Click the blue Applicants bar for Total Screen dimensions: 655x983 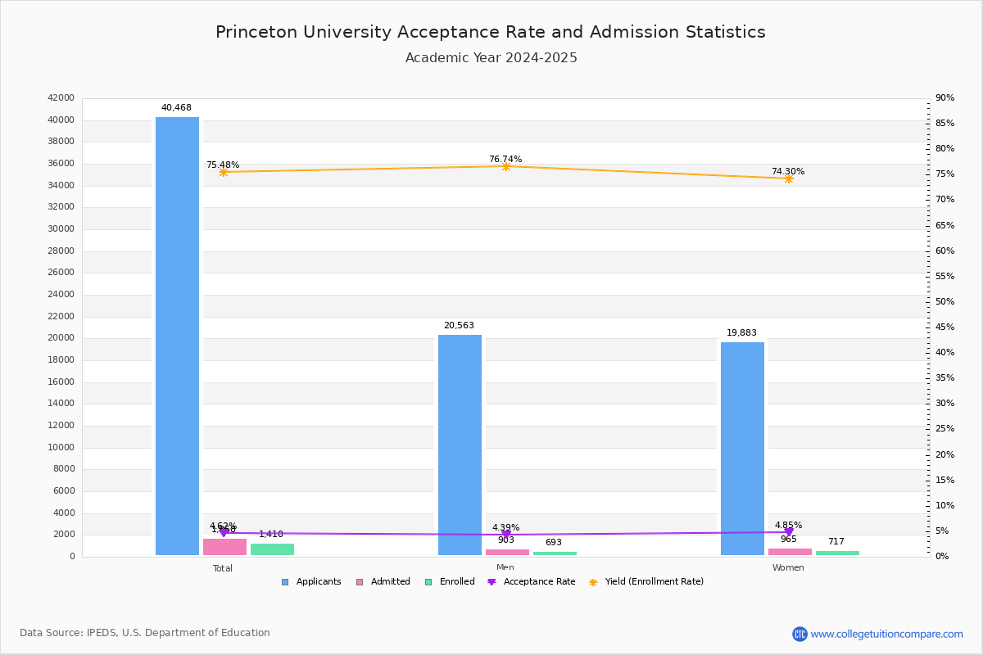click(x=177, y=336)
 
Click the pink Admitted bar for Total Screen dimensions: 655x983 click(x=224, y=547)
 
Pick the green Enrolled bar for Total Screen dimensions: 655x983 click(x=272, y=549)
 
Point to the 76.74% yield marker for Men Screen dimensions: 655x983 click(x=505, y=166)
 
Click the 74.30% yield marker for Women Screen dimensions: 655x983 click(x=788, y=178)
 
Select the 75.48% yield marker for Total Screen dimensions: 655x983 click(x=223, y=172)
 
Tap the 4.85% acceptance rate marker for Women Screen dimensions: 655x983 click(x=788, y=532)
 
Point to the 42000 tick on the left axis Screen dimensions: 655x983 click(x=61, y=98)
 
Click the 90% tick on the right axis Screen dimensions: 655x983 click(x=944, y=98)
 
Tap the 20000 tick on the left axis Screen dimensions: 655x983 click(x=61, y=338)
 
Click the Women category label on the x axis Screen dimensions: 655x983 click(x=788, y=568)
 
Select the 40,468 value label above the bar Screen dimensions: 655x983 click(x=176, y=108)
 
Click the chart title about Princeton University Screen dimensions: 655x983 click(x=491, y=33)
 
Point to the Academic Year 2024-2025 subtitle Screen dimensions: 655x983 click(x=491, y=58)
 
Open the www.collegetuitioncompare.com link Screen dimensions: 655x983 click(x=886, y=634)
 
